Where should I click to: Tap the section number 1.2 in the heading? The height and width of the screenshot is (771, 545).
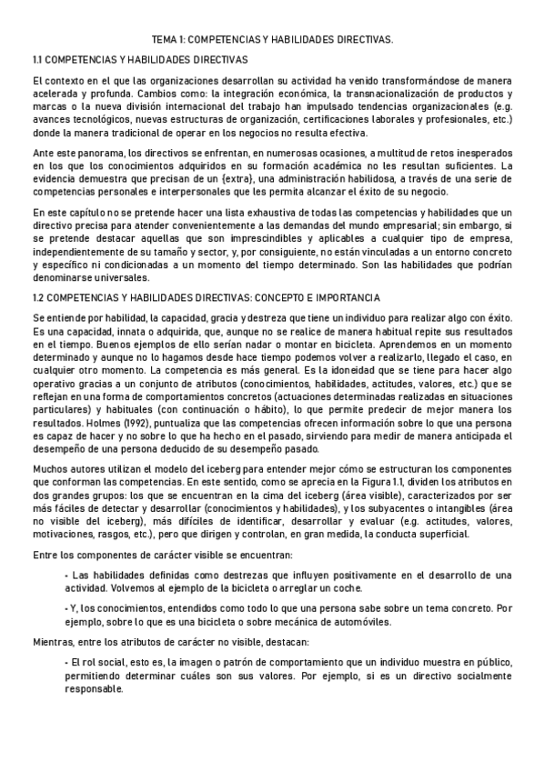tap(39, 298)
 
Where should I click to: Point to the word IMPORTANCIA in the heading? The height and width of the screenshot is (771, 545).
tap(349, 298)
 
